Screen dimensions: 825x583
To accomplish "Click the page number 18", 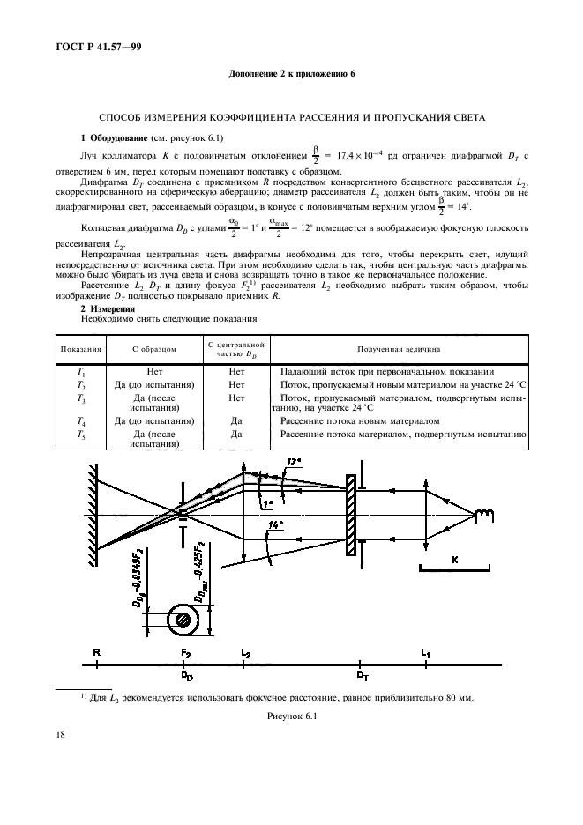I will [58, 732].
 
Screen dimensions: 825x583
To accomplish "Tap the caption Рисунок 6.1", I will [291, 717].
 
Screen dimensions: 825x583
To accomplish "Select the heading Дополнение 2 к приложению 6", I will [291, 73].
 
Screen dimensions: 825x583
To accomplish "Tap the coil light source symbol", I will [482, 515].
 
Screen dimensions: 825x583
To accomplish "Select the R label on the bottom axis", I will [95, 650].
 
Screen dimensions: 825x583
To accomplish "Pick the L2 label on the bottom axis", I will [245, 650].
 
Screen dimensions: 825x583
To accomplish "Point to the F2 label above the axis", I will [185, 650].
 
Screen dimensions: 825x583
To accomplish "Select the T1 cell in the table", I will [80, 372].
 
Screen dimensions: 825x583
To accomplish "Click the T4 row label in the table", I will [80, 420].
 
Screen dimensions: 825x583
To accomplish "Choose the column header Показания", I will [80, 349].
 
